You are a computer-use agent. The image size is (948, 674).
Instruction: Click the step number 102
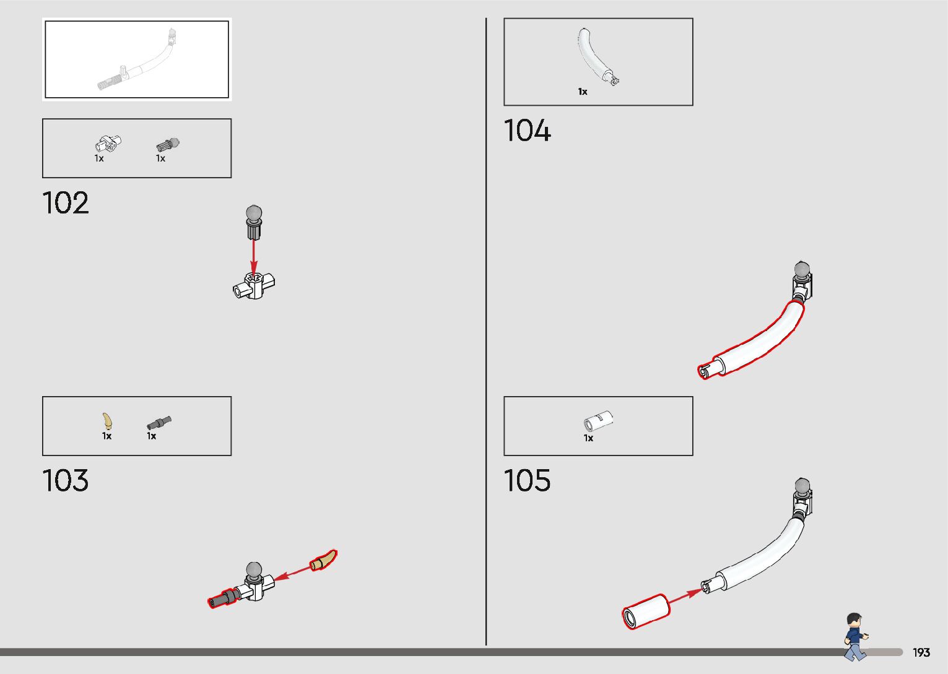[x=66, y=203]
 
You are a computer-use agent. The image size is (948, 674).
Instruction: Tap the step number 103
[x=66, y=481]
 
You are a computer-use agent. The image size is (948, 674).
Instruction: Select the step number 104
[x=527, y=131]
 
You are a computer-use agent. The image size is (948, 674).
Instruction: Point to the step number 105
[x=527, y=481]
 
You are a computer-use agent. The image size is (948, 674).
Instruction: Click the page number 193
[x=921, y=652]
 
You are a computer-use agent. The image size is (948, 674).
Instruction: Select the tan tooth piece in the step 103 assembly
[x=324, y=560]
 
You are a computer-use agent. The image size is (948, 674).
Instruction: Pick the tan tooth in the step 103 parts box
[x=108, y=421]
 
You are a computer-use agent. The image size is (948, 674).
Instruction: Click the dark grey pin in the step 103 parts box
[x=159, y=423]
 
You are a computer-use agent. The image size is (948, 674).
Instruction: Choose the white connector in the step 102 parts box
[x=109, y=144]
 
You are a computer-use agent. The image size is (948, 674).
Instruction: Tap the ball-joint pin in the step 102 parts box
[x=167, y=145]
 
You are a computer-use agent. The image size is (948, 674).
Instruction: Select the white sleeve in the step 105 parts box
[x=598, y=421]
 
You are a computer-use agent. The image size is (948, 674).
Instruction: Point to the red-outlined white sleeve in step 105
[x=646, y=611]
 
